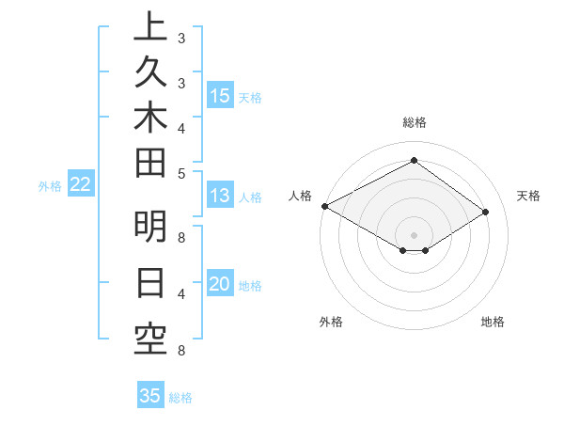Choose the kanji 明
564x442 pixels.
[150, 229]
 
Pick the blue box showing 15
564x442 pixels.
[220, 95]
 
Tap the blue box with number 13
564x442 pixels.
[220, 196]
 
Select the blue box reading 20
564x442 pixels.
[220, 285]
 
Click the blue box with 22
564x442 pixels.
[80, 184]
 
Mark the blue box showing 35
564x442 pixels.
[150, 396]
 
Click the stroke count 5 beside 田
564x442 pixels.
[180, 173]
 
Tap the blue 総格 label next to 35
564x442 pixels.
[180, 398]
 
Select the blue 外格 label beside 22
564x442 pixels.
[50, 186]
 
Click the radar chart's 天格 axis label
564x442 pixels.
[528, 196]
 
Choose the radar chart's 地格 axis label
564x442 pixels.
[493, 322]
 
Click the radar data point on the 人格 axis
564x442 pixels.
[324, 206]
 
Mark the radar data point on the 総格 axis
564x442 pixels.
[414, 160]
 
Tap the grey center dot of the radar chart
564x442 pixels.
[414, 234]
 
